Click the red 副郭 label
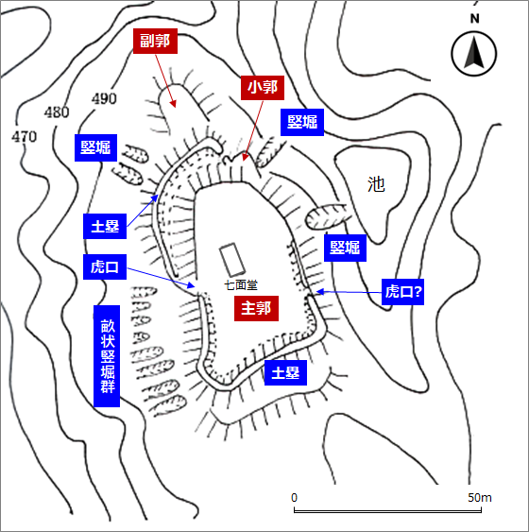(155, 41)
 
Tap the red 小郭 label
(263, 88)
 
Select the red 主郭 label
(256, 308)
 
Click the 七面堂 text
(241, 285)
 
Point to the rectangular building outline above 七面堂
(232, 260)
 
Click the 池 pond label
(376, 184)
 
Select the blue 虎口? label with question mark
(402, 292)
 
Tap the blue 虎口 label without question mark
(105, 267)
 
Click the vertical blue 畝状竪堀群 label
(107, 356)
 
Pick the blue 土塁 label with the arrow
(105, 226)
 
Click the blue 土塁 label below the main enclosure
(285, 373)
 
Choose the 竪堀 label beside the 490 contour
(95, 148)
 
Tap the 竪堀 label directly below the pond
(345, 248)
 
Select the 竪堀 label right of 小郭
(302, 122)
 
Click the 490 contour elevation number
(104, 98)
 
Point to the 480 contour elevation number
(57, 112)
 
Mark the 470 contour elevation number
(24, 137)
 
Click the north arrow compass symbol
(474, 53)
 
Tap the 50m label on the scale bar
(480, 498)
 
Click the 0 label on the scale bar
(294, 498)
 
